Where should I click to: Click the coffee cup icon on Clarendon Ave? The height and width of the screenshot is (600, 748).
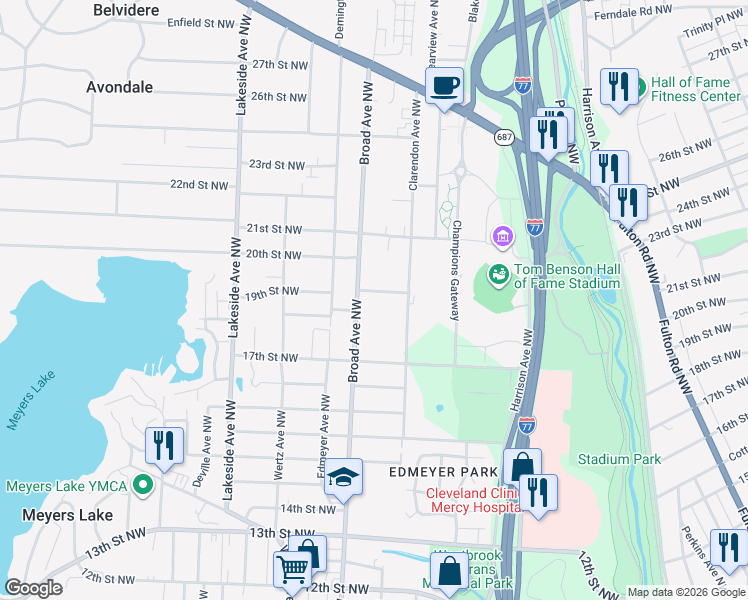[444, 86]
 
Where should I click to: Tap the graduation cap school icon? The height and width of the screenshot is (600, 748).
[343, 477]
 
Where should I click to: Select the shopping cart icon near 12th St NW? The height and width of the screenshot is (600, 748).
[292, 569]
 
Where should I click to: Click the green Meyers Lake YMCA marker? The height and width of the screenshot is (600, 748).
[143, 487]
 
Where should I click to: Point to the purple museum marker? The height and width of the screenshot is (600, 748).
[502, 236]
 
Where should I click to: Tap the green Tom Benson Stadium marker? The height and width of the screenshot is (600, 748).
[496, 272]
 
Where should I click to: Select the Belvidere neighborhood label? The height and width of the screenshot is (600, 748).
[126, 9]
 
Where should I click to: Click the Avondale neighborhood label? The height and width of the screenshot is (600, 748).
[119, 87]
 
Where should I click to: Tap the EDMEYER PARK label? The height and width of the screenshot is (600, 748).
[441, 471]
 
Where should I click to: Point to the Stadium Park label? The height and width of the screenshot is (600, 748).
[619, 459]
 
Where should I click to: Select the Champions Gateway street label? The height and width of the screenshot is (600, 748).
[455, 270]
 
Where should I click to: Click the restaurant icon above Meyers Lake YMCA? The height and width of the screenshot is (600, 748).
[163, 445]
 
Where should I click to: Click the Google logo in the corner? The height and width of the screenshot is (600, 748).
[33, 588]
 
